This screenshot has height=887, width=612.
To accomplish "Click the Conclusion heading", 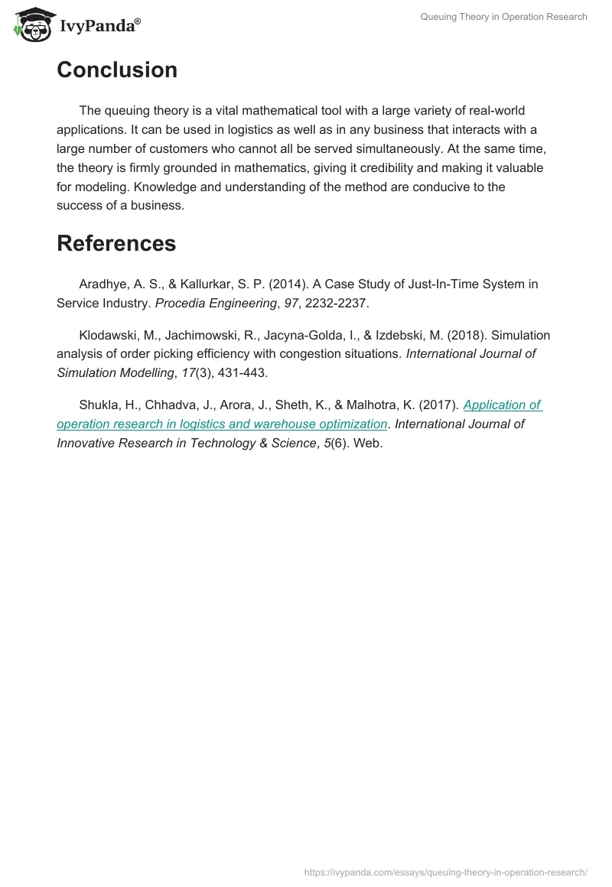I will tap(117, 70).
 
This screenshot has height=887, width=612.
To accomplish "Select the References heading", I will tap(116, 243).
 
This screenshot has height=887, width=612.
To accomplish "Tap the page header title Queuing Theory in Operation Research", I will tap(503, 17).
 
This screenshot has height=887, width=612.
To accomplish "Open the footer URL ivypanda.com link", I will tap(445, 872).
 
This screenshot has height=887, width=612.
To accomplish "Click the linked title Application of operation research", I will tap(502, 405).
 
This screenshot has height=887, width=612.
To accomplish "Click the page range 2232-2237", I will tap(336, 303).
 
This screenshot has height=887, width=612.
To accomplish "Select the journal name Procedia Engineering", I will tap(216, 303).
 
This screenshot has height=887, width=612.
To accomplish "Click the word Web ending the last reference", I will tap(366, 443).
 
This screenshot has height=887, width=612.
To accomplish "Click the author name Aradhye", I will tap(104, 284).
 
